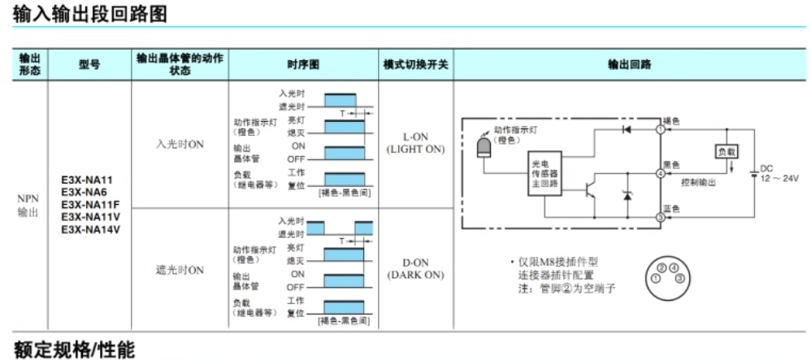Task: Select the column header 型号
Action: click(x=90, y=65)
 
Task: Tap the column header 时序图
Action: click(x=303, y=65)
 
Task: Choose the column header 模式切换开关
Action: click(x=415, y=65)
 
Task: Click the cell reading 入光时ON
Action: click(x=180, y=144)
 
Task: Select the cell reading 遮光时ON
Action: click(x=180, y=270)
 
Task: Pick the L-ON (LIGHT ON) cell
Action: click(x=415, y=143)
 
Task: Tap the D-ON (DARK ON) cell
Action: click(x=415, y=269)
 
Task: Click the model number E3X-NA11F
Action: click(x=90, y=204)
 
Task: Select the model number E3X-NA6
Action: click(x=85, y=192)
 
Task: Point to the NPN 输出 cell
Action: click(x=28, y=205)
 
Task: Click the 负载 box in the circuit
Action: click(x=726, y=152)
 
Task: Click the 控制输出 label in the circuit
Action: click(x=698, y=183)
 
